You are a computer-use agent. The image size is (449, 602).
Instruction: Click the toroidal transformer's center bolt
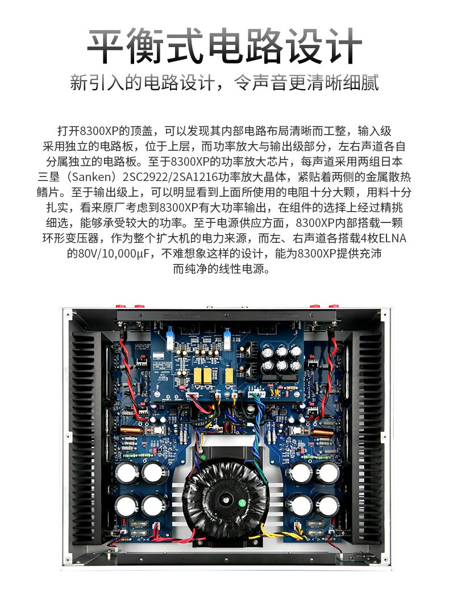[224, 499]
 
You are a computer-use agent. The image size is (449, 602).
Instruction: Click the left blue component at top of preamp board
[169, 339]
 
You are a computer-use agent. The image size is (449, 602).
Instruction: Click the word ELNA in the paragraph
[393, 238]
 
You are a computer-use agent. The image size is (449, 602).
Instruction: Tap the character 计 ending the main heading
[344, 45]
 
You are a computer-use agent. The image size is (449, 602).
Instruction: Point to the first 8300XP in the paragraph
[99, 131]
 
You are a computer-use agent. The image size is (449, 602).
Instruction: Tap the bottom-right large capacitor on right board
[327, 505]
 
